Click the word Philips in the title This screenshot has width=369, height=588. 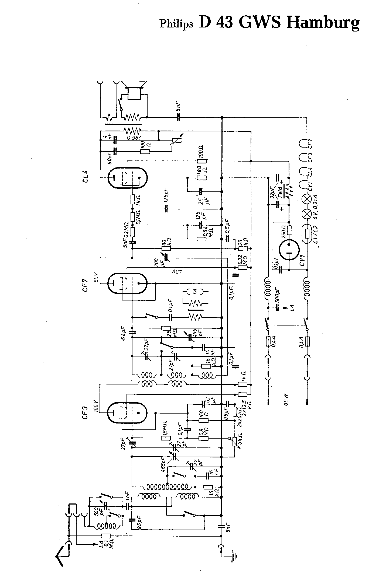pyautogui.click(x=176, y=23)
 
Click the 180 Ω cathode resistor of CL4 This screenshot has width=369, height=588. pyautogui.click(x=202, y=178)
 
